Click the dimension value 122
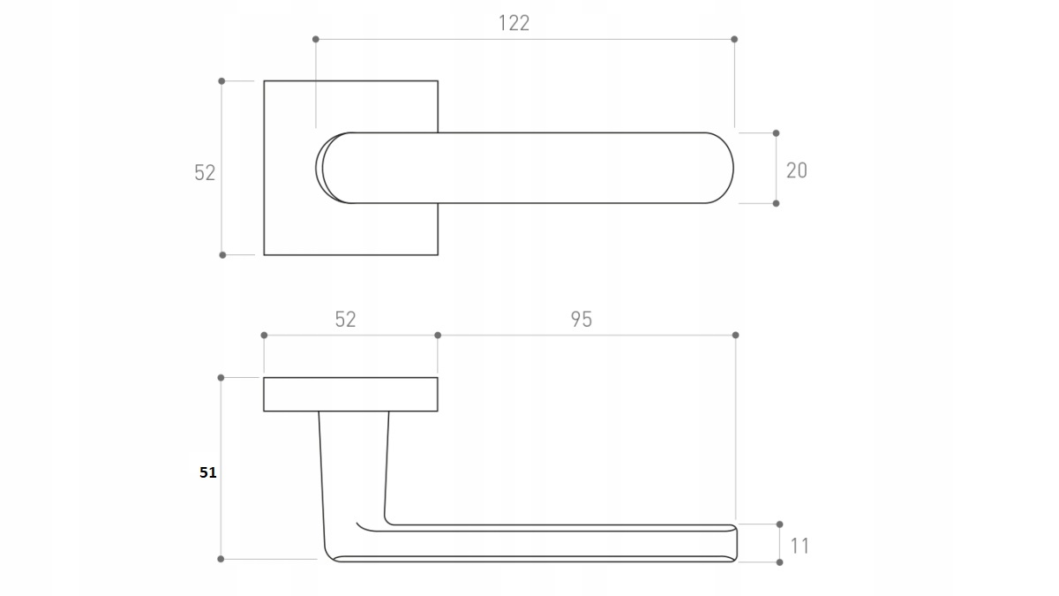coord(514,23)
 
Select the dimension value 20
coord(797,170)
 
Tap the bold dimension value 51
coord(208,472)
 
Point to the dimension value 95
coord(581,320)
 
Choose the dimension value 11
coord(800,547)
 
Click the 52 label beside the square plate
coord(205,173)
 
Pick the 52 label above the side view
coord(345,320)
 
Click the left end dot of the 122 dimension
coord(316,39)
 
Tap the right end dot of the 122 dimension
coord(734,39)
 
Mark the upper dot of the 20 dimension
coord(776,133)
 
